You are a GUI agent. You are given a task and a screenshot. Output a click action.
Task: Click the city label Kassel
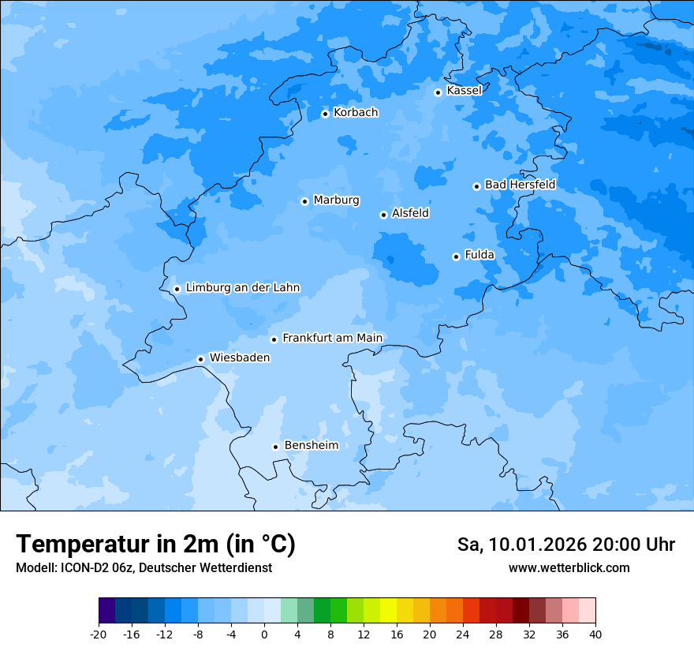pos(464,91)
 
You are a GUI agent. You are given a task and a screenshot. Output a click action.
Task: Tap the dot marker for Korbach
pos(325,114)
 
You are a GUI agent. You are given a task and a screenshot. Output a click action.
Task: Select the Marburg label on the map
pos(336,200)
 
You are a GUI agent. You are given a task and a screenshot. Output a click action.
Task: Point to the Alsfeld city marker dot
pos(383,215)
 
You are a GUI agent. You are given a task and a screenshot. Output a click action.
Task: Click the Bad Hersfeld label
pos(520,185)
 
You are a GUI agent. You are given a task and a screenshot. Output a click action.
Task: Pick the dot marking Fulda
pos(456,256)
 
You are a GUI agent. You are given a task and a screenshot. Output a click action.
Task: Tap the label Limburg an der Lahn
pos(242,288)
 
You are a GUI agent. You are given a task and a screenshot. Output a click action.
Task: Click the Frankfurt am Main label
pos(332,338)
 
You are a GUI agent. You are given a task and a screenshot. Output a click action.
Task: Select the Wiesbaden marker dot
pos(200,359)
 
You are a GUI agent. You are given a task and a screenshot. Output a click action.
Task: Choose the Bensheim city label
pos(311,446)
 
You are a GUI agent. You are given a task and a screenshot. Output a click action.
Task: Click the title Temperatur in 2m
pos(155,545)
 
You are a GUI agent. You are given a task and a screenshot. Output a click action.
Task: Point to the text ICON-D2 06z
pos(94,568)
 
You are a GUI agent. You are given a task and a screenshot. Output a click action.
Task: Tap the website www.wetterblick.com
pos(569,568)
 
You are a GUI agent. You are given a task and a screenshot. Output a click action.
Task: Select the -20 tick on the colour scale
pos(99,634)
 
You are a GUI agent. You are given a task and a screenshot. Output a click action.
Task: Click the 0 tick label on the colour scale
pos(264,634)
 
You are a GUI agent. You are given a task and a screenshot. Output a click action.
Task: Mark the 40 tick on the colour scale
pos(595,634)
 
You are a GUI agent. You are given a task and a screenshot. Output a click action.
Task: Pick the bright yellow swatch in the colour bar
pos(388,611)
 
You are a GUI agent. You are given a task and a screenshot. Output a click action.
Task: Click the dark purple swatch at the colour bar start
pos(106,611)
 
